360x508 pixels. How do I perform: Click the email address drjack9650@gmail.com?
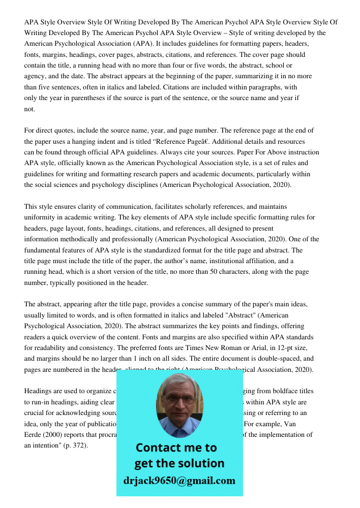(x=179, y=481)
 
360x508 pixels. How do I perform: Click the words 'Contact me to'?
(x=176, y=448)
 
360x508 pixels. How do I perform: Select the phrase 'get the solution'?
(x=179, y=463)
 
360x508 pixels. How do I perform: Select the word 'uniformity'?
(x=41, y=217)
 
